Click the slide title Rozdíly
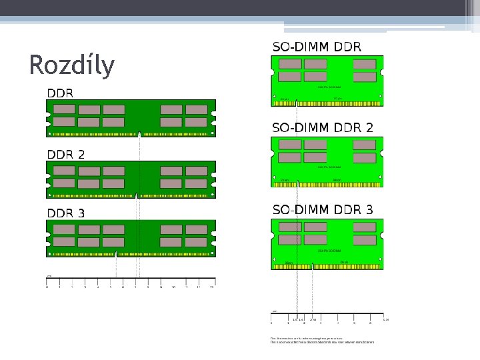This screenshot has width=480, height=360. click(x=72, y=65)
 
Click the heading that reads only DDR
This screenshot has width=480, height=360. click(x=60, y=93)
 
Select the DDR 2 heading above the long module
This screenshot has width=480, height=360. click(x=65, y=154)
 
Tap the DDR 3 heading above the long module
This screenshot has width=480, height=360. click(x=65, y=213)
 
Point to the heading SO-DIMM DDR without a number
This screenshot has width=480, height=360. click(x=317, y=47)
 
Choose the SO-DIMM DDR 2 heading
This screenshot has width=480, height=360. click(x=323, y=127)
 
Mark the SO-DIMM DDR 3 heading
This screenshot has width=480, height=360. click(x=323, y=209)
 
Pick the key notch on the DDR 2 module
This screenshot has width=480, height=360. click(x=136, y=195)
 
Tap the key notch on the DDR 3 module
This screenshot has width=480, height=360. click(x=117, y=255)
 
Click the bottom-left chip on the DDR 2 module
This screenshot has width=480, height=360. click(x=64, y=183)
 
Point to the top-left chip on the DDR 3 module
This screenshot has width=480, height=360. click(x=64, y=229)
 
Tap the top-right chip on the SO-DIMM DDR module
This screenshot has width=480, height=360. click(x=365, y=64)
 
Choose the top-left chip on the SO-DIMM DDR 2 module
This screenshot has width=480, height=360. click(x=289, y=145)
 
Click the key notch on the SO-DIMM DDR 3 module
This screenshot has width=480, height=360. click(x=312, y=267)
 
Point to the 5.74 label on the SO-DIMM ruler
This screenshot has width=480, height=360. click(x=385, y=319)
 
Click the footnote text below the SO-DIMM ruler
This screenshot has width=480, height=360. click(x=322, y=341)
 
